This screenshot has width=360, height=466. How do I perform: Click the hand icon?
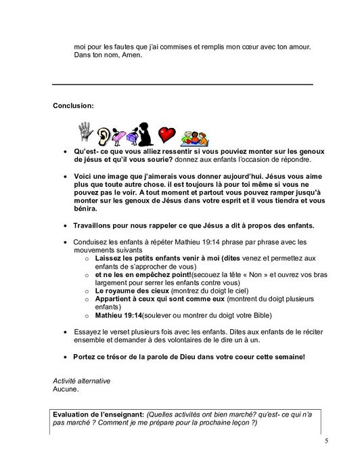85,131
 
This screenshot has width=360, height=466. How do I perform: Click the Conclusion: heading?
74,106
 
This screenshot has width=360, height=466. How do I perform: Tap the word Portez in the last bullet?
86,357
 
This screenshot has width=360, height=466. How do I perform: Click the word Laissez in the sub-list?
108,258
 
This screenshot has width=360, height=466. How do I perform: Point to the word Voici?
83,175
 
